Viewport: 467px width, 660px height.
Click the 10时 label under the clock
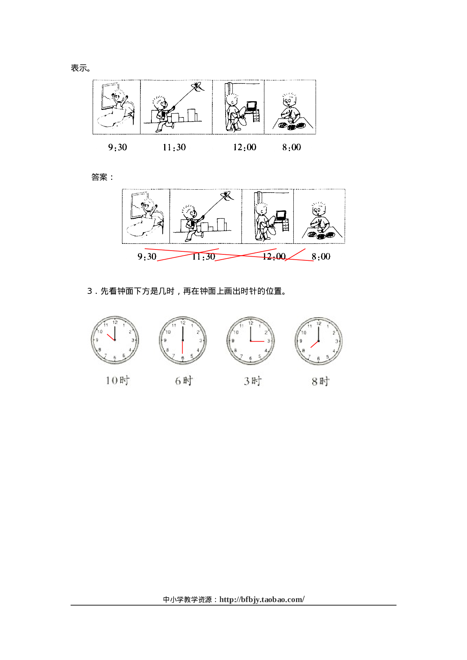point(117,380)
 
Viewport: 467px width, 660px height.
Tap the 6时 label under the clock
point(184,381)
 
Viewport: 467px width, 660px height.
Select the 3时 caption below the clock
point(252,381)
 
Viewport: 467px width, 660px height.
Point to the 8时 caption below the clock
point(320,382)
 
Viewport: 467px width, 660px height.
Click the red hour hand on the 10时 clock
point(111,337)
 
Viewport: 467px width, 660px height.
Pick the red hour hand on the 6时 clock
point(183,347)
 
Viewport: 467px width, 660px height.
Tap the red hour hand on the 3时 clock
point(258,341)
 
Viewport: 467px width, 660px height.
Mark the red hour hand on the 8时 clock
point(314,344)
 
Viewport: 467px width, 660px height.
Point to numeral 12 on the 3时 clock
point(251,323)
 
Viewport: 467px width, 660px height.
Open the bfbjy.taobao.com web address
point(262,599)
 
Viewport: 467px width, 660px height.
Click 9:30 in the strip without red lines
point(118,147)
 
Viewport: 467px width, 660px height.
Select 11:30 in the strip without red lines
point(174,147)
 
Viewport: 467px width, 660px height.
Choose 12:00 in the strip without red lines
point(244,147)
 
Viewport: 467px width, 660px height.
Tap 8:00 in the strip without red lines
point(291,147)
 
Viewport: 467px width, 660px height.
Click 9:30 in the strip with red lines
point(147,257)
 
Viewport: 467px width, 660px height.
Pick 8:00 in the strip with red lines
point(321,257)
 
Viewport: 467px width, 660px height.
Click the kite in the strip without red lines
point(197,87)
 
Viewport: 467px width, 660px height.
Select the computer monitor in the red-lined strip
point(281,215)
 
